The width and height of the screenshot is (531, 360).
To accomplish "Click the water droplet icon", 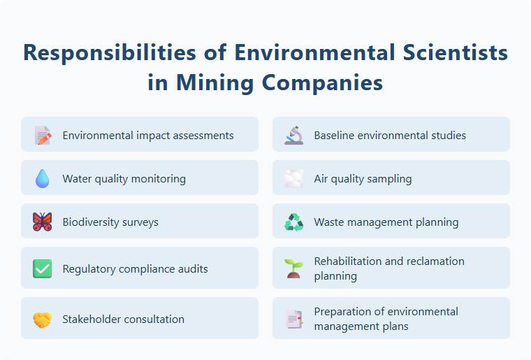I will [43, 179].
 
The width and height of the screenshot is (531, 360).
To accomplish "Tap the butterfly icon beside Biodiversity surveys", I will [43, 222].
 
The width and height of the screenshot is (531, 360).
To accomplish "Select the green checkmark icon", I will [43, 268].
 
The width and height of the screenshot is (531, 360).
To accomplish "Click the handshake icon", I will [43, 319].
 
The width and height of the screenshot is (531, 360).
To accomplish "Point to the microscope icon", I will [294, 135].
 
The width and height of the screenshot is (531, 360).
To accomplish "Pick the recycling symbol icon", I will [294, 222].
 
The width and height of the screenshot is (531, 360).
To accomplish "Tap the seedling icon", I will [294, 268].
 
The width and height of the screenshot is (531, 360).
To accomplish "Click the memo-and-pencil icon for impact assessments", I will [43, 135].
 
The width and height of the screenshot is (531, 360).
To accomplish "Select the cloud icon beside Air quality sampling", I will [294, 179].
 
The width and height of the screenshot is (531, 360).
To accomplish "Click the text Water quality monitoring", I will [124, 179].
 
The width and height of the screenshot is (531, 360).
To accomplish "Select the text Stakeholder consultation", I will [124, 319].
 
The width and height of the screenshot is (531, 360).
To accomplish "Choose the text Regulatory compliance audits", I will [136, 268].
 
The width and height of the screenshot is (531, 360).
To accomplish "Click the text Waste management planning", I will [386, 222].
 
